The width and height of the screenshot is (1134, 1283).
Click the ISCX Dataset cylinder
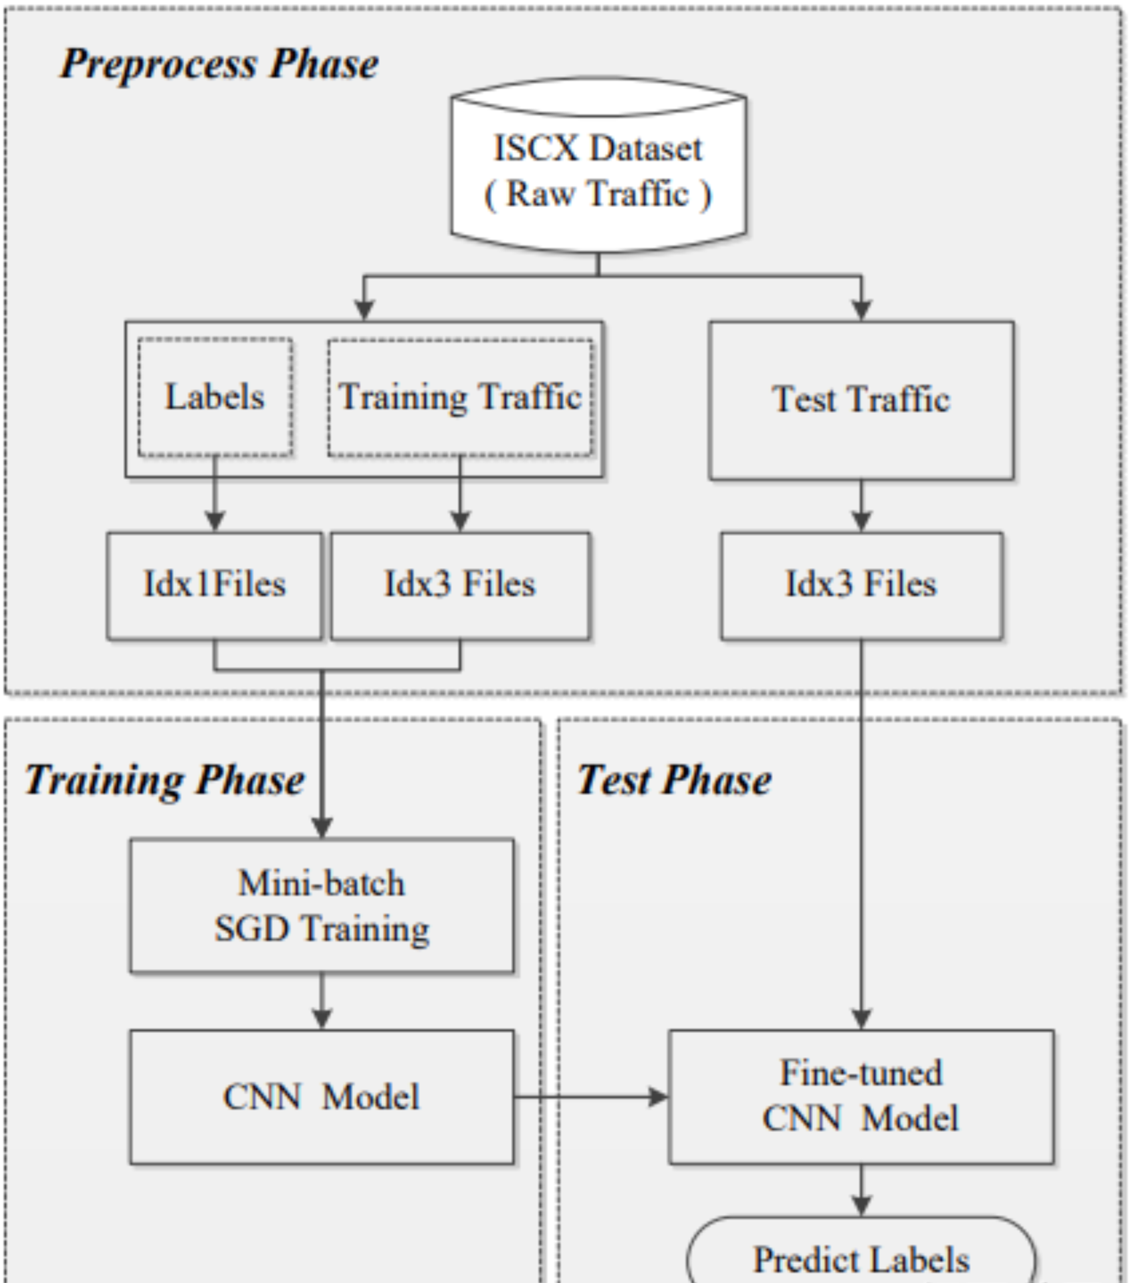pos(598,167)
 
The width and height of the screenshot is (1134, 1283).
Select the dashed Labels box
pos(215,397)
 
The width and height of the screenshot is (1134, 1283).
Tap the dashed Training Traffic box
pos(460,397)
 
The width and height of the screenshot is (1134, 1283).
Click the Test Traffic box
pos(861,400)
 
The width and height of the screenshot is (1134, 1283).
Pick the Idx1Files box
pos(215,585)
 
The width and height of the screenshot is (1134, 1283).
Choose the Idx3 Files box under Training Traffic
pos(460,585)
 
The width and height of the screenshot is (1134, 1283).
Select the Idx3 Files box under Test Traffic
pos(861,585)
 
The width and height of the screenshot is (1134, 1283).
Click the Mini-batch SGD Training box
pos(322,905)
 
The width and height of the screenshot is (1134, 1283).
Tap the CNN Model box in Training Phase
pos(322,1097)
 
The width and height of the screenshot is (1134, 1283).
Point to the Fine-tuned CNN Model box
pos(861,1097)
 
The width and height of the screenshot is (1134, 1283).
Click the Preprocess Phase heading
pos(219,65)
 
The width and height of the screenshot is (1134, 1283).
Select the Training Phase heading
pos(164,780)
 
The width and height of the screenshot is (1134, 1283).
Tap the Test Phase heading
pos(674,780)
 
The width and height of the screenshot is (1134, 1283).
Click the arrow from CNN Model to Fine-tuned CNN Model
pos(591,1097)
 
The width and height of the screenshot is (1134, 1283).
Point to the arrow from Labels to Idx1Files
pos(215,494)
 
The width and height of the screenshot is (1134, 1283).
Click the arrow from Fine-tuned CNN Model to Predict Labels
pos(861,1190)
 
